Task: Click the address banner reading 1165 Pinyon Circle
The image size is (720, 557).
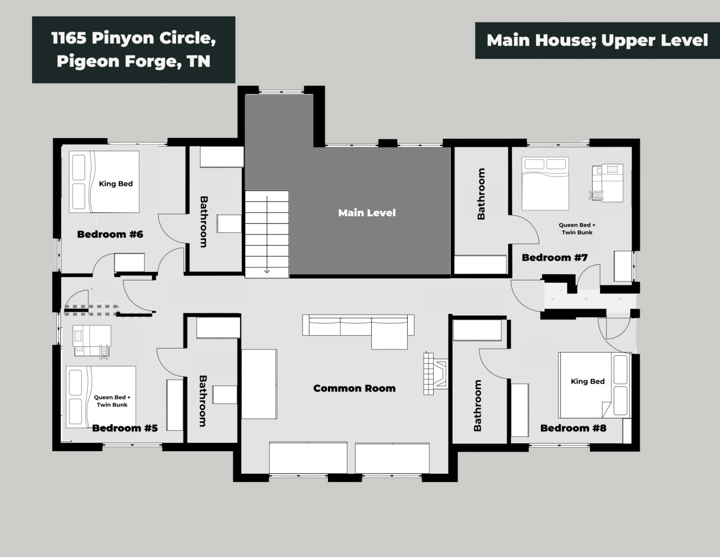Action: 133,50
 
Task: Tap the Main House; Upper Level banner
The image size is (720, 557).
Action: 597,41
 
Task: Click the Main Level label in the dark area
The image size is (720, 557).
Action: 367,213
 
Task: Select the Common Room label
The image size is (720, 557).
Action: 354,388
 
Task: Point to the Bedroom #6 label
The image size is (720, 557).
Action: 110,234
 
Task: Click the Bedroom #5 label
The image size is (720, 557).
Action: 125,428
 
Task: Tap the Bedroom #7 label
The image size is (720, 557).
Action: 555,257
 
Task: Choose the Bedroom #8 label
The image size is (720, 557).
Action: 573,428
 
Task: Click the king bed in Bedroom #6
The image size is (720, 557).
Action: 104,182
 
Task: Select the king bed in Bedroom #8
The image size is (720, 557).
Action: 595,385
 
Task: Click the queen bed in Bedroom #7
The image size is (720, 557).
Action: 545,184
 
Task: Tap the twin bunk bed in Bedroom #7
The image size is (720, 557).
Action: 606,182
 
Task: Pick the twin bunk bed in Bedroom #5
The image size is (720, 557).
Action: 92,342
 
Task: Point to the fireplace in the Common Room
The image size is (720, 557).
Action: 436,373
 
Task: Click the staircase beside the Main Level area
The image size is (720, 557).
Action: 267,234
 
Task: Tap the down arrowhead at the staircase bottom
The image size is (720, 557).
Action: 267,271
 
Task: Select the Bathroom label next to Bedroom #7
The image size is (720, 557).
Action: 481,194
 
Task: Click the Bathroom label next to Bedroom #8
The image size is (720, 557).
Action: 478,406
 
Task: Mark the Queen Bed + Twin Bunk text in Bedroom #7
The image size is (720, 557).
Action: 577,229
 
